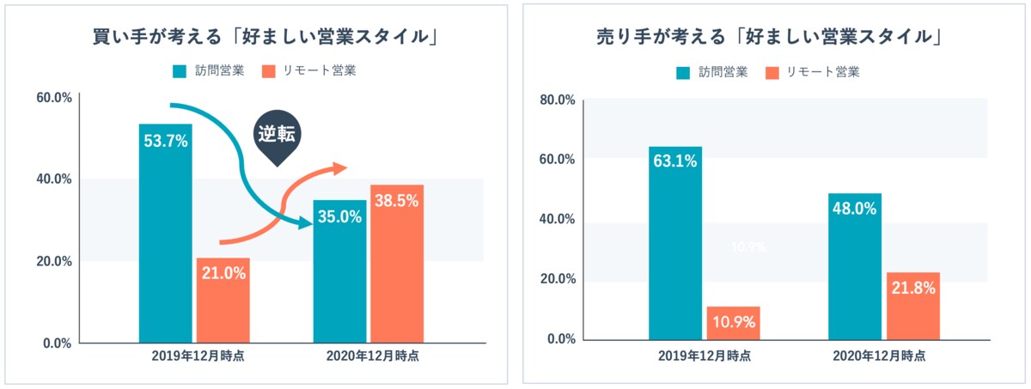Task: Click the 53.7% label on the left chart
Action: click(165, 142)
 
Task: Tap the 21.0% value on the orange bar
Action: click(223, 274)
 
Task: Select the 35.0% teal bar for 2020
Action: click(339, 270)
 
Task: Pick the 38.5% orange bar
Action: click(396, 264)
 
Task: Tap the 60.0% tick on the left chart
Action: click(54, 98)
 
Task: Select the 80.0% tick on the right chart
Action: click(558, 100)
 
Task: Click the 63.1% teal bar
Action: click(675, 242)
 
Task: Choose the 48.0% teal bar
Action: click(855, 266)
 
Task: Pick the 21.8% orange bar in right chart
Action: click(913, 306)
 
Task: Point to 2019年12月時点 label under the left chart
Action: click(194, 356)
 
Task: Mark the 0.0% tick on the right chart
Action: click(560, 339)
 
